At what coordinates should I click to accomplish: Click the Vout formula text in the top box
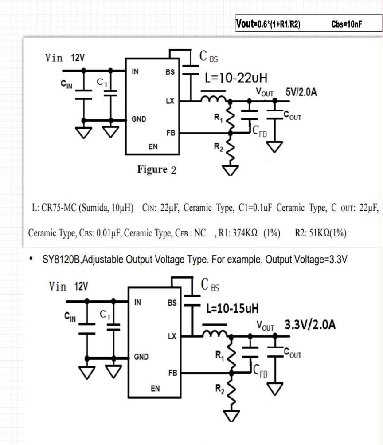(268, 23)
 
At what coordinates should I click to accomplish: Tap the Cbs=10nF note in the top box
(347, 24)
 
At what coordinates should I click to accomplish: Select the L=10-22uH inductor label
(236, 78)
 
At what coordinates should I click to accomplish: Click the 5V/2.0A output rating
(301, 92)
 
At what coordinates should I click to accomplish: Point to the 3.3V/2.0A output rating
(310, 325)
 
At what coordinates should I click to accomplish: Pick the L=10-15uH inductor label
(232, 308)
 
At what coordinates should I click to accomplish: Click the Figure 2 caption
(157, 170)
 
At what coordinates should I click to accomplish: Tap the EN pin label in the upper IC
(153, 146)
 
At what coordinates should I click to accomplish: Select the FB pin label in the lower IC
(172, 373)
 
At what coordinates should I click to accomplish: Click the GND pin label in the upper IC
(139, 119)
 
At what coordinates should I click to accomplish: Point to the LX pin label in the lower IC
(172, 336)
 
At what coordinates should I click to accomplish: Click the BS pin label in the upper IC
(170, 72)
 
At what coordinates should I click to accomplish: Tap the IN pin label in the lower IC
(137, 302)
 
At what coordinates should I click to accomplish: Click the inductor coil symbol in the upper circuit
(214, 98)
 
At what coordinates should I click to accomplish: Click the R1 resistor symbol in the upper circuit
(231, 118)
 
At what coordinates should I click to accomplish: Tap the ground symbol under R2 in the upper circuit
(230, 170)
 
